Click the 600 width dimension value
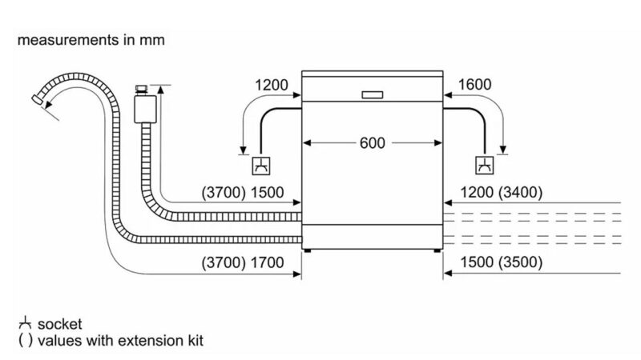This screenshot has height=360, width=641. click(x=373, y=144)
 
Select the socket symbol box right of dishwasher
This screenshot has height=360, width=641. click(x=485, y=166)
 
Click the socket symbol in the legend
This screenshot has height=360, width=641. click(x=22, y=324)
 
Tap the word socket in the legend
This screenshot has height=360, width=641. click(x=59, y=324)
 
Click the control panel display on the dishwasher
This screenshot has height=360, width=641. click(x=373, y=95)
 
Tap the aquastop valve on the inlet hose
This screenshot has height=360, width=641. click(x=144, y=103)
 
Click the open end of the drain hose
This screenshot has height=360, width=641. click(x=35, y=99)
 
